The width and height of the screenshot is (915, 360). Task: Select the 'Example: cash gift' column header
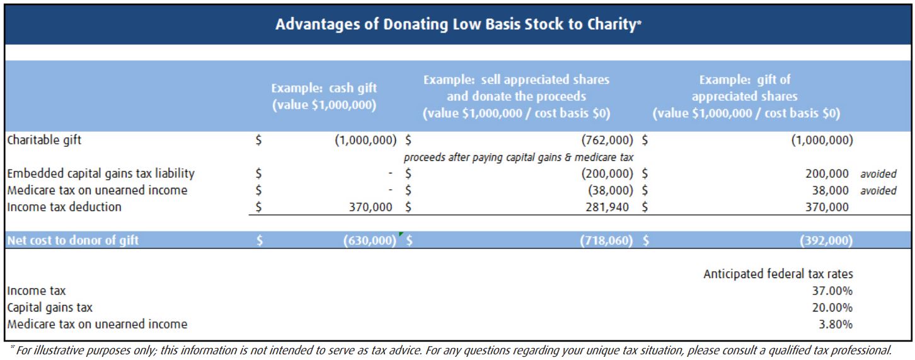(324, 96)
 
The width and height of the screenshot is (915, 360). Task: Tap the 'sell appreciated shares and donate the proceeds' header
(516, 96)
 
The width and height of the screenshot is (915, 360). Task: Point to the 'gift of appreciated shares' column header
(745, 96)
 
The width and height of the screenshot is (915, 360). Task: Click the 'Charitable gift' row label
(44, 140)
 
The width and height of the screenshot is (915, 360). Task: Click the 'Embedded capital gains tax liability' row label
(101, 173)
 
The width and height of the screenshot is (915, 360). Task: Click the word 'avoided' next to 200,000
(878, 174)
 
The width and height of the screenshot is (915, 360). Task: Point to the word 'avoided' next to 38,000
(878, 190)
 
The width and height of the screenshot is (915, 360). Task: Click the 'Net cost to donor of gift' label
(73, 240)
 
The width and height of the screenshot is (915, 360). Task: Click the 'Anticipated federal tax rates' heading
(778, 274)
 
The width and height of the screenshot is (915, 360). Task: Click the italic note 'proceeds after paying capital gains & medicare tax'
(518, 157)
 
